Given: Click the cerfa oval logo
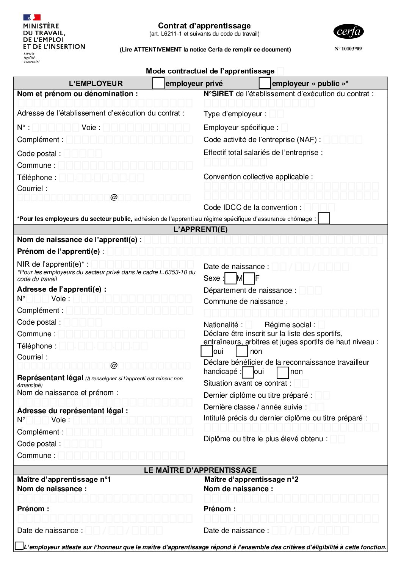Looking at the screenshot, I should pos(348,31).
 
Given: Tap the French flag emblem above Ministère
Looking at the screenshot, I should pos(32,17).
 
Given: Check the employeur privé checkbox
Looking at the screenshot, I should pos(158,83).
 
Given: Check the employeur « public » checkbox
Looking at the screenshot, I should pos(265,83).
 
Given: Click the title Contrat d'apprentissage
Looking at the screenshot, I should pos(204,26).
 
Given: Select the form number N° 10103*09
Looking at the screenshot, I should pos(348,49).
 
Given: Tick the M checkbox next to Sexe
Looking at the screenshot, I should pos(230,278).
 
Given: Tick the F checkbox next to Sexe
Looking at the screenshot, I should pos(249,278).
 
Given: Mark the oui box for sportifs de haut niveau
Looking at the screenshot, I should pos(207,351).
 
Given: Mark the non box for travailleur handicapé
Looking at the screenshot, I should pos(283,372).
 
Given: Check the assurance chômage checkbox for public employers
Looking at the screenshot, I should pos(324,219).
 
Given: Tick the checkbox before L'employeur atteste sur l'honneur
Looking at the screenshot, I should pos(19,546).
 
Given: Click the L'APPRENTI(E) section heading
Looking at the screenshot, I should pos(200,229).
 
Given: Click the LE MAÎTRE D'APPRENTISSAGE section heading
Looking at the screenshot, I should pos(200,470).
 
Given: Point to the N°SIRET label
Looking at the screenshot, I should pos(218,94).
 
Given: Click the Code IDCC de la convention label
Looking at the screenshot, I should pos(252,208).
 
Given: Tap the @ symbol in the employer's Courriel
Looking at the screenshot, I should pos(114,197).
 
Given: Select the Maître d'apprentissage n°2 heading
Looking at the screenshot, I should pos(251,480).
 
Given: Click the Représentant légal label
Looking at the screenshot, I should pos(50,378).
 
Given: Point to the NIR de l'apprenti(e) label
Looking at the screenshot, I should pos(53,264).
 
